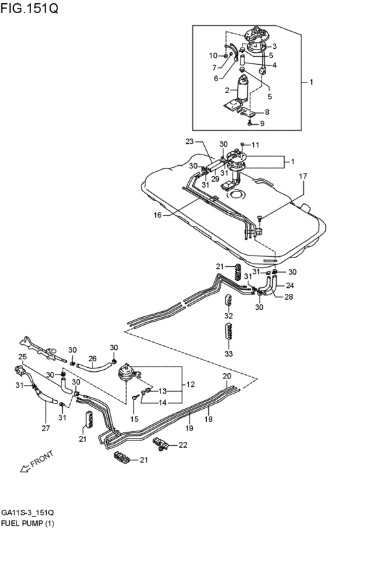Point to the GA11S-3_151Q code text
(x=28, y=512)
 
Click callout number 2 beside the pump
(x=227, y=90)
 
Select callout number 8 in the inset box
(x=267, y=112)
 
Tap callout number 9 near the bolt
(x=262, y=123)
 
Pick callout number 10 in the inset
(x=213, y=55)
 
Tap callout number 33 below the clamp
(x=229, y=354)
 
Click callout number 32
(x=229, y=316)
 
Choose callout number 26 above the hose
(x=92, y=360)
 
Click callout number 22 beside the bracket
(x=184, y=446)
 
